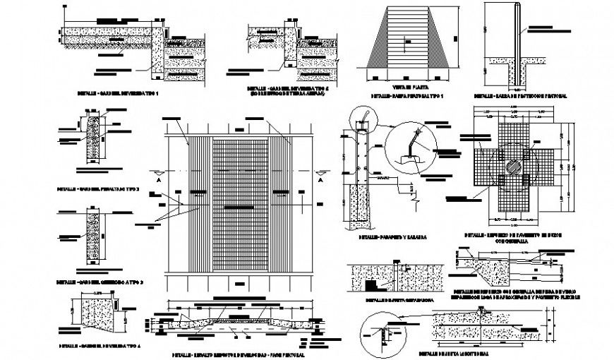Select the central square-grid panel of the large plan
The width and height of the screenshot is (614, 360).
[x=239, y=205]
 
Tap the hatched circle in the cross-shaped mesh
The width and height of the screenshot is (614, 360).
[x=514, y=169]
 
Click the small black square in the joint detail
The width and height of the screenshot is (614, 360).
[x=370, y=285]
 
